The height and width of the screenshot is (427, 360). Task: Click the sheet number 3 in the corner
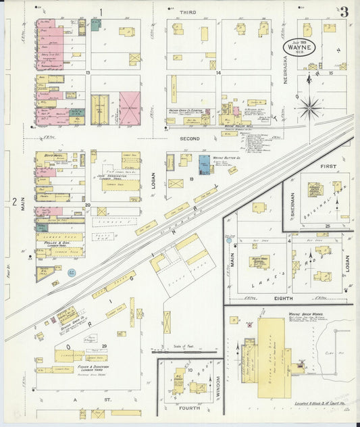pyautogui.click(x=344, y=11)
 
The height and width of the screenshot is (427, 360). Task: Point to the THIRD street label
pyautogui.click(x=188, y=12)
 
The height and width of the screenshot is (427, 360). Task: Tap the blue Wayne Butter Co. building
pyautogui.click(x=204, y=164)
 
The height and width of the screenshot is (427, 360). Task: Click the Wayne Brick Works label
pyautogui.click(x=303, y=315)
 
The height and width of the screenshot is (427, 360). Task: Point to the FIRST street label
pyautogui.click(x=327, y=166)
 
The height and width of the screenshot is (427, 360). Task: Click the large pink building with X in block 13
pyautogui.click(x=130, y=108)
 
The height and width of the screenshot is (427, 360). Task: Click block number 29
pyautogui.click(x=104, y=346)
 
